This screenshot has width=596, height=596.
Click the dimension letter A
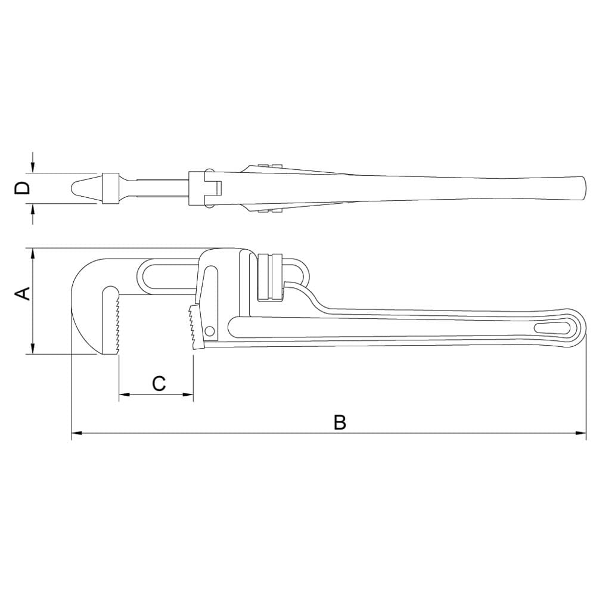(x=22, y=293)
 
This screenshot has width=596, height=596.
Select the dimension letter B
(x=340, y=422)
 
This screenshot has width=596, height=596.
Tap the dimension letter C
(x=159, y=383)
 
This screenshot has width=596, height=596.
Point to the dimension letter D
(x=22, y=188)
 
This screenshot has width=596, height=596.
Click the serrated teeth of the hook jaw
(x=117, y=325)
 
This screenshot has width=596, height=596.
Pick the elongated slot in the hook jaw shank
(x=170, y=276)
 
